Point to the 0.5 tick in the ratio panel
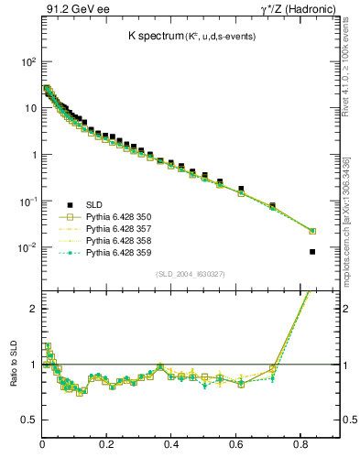[x=29, y=420]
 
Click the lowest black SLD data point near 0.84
[x=312, y=252]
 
